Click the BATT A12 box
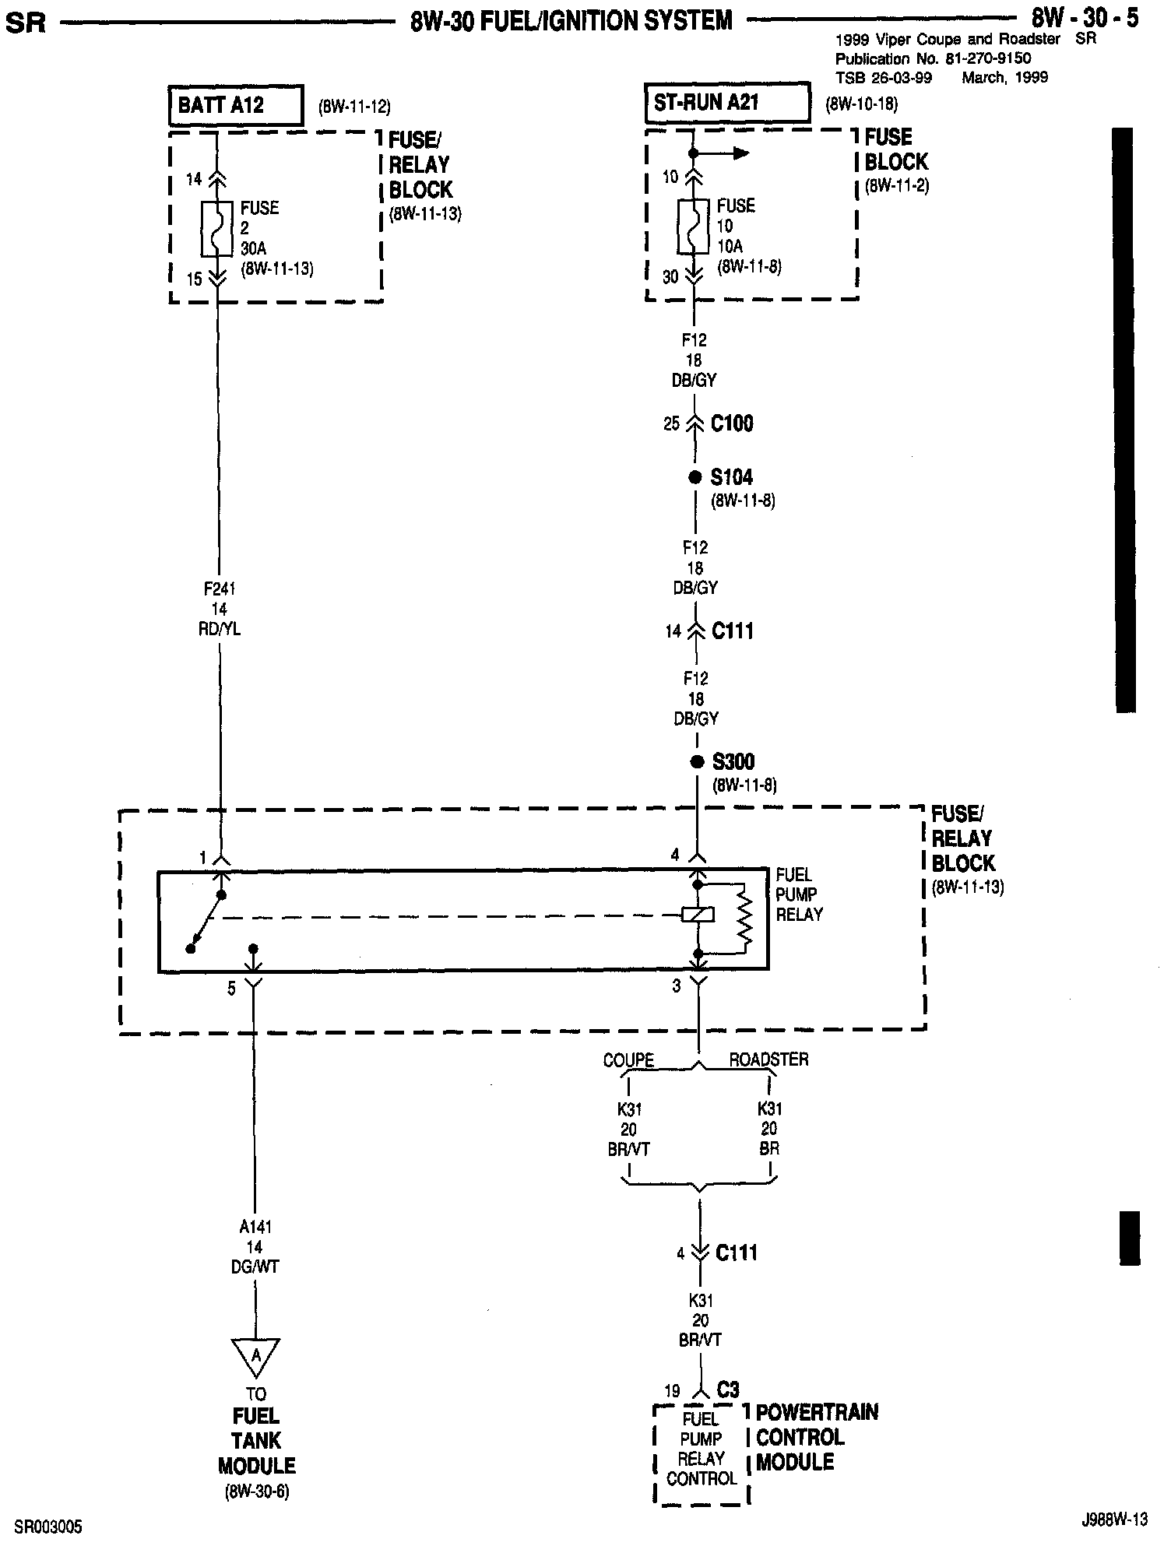pyautogui.click(x=235, y=106)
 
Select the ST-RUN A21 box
pyautogui.click(x=726, y=104)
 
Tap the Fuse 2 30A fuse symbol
pyautogui.click(x=217, y=229)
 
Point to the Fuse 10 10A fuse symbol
pyautogui.click(x=694, y=227)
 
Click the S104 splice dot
pyautogui.click(x=695, y=477)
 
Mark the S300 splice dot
pyautogui.click(x=698, y=761)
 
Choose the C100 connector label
pyautogui.click(x=732, y=424)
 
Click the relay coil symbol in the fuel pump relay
pyautogui.click(x=698, y=915)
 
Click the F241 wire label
pyautogui.click(x=220, y=589)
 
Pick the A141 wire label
pyautogui.click(x=255, y=1228)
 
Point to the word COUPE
pyautogui.click(x=628, y=1060)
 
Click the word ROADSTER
pyautogui.click(x=768, y=1059)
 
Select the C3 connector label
pyautogui.click(x=728, y=1390)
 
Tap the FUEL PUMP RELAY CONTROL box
pyautogui.click(x=701, y=1453)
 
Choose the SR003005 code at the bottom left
pyautogui.click(x=48, y=1527)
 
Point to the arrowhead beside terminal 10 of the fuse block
pyautogui.click(x=740, y=153)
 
